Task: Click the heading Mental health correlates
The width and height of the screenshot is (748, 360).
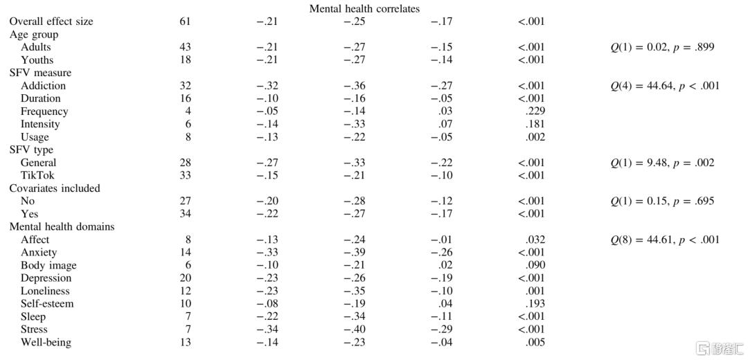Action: point(364,8)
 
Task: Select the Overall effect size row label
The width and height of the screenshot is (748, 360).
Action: point(51,21)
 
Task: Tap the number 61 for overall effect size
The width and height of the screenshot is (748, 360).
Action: point(185,21)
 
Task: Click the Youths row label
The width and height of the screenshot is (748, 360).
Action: point(37,60)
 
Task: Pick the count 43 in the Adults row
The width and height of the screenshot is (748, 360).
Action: point(185,47)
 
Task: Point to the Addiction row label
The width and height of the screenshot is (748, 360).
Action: point(43,86)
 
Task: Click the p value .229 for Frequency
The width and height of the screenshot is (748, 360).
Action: point(535,111)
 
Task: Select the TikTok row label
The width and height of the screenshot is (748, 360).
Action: point(37,175)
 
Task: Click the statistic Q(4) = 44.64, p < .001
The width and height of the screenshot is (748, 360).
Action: point(664,86)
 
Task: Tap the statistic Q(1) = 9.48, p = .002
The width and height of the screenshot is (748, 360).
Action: point(661,163)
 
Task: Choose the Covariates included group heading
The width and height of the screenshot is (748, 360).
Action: point(55,188)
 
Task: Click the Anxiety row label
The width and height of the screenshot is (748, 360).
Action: point(39,253)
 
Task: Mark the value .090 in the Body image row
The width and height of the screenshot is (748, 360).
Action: point(535,265)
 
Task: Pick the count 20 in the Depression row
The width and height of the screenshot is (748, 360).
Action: point(185,278)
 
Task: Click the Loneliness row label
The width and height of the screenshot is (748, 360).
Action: point(45,291)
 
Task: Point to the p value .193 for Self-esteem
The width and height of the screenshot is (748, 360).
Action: point(535,304)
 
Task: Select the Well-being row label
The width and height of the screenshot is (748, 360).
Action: point(46,342)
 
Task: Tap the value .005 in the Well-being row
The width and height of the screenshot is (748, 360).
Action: point(535,342)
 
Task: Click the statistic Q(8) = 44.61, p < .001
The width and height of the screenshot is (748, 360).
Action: point(664,240)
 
